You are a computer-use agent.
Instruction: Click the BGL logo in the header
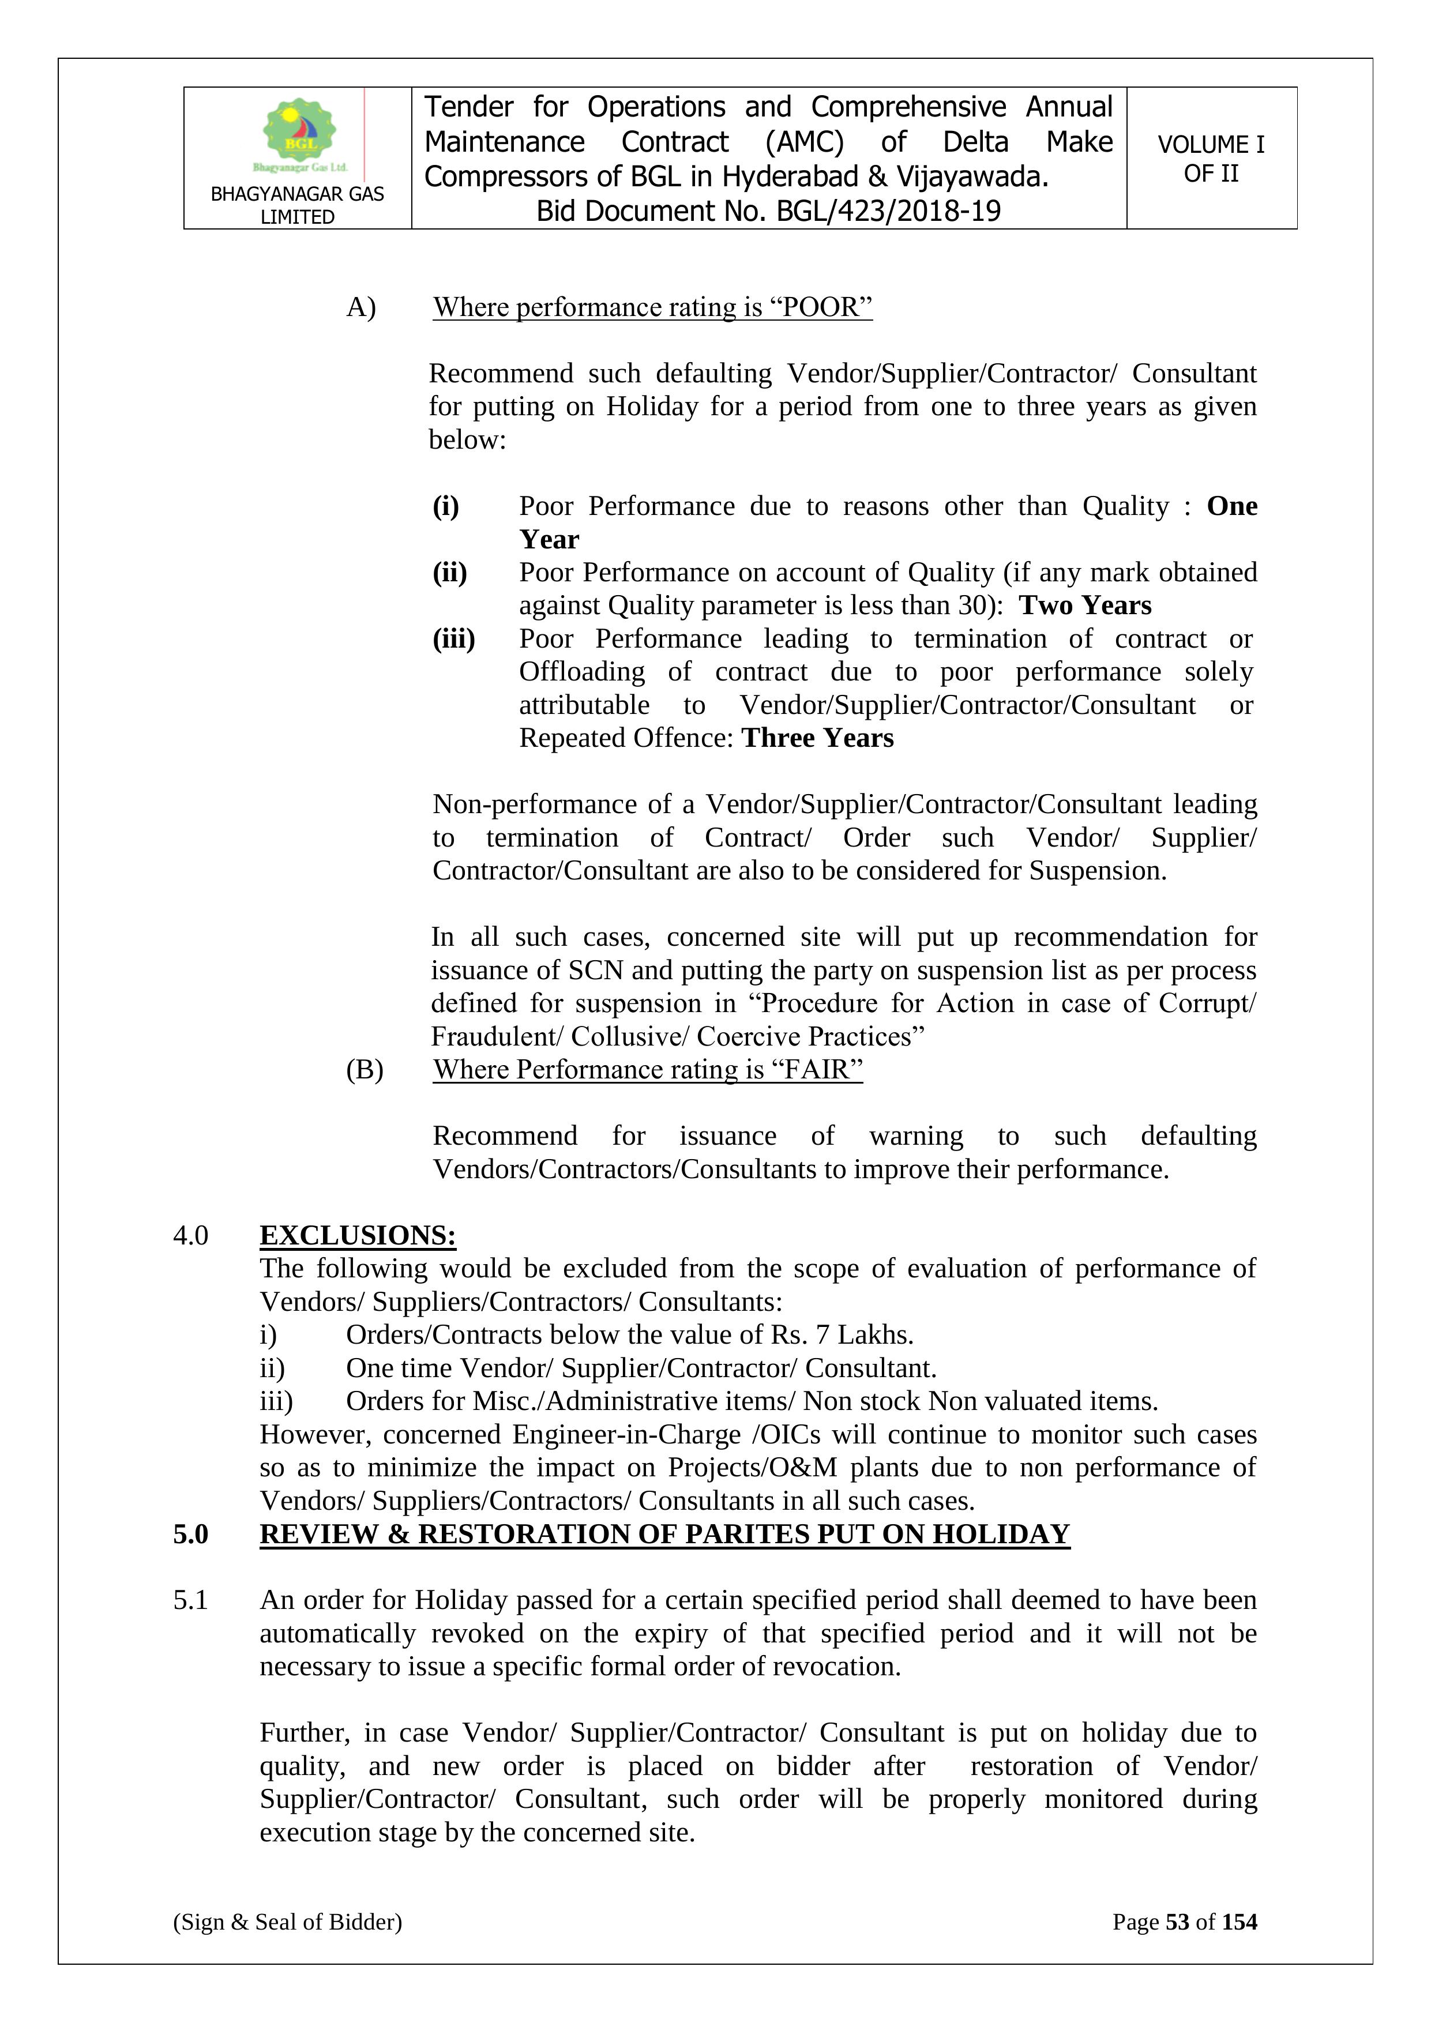click(299, 134)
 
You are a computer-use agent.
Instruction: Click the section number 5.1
click(190, 1600)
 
